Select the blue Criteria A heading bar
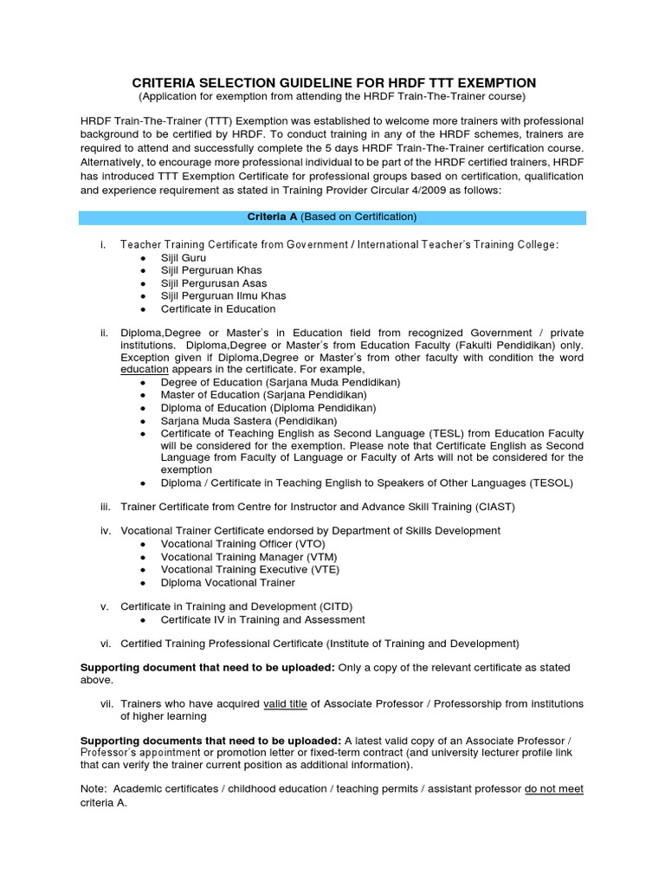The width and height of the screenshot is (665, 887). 332,217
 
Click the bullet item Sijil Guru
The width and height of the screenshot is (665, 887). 183,258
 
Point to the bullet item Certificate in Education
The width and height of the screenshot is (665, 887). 217,308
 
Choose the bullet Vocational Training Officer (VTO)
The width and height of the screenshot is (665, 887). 243,544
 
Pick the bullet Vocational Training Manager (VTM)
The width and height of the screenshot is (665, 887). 249,557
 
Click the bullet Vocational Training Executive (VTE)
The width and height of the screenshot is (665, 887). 249,569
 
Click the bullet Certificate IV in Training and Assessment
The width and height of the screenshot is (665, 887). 262,619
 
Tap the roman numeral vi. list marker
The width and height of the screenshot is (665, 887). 106,644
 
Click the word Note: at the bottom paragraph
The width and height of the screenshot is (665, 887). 94,790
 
